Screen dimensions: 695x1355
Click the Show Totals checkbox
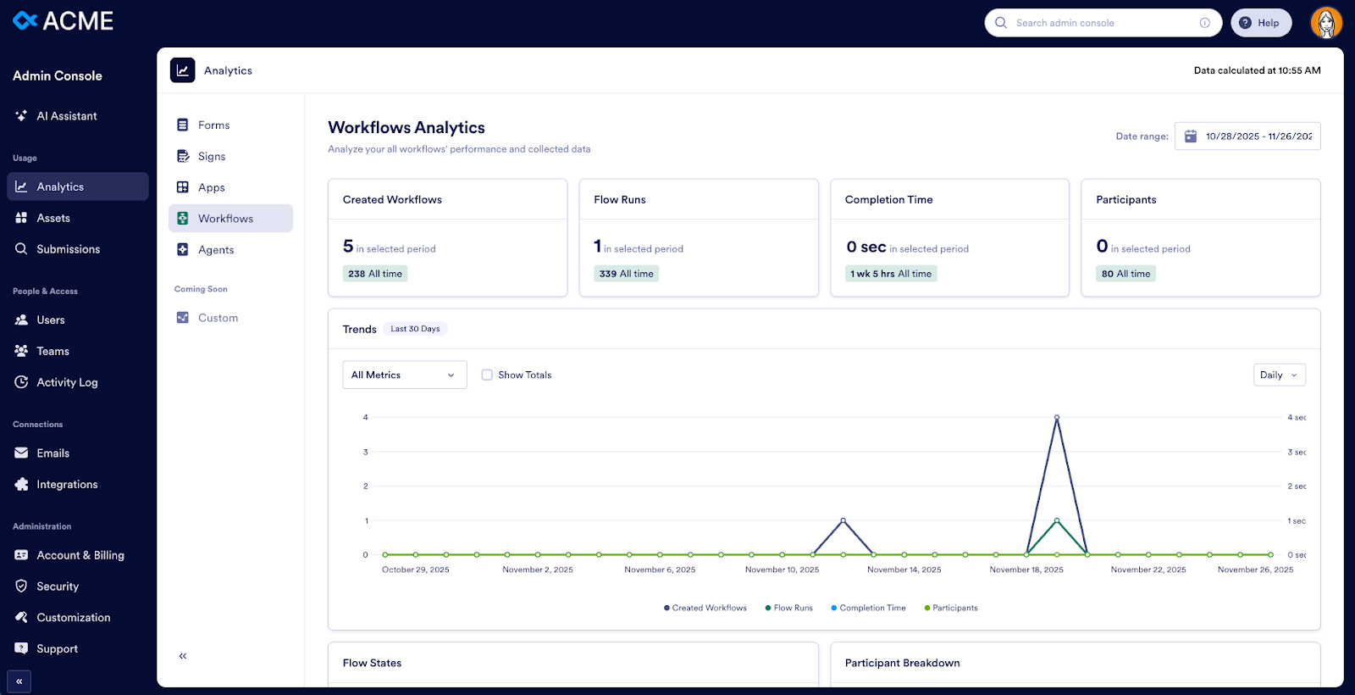tap(487, 375)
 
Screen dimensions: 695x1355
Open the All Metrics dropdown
tap(404, 375)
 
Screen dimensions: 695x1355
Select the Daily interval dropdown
tap(1279, 375)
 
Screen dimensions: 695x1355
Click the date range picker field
tap(1247, 136)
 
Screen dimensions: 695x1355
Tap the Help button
tap(1260, 23)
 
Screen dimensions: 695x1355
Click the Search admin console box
tap(1101, 23)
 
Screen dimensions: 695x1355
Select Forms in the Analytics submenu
tap(213, 125)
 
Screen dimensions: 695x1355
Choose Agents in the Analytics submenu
tap(216, 250)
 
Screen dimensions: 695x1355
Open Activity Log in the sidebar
tap(67, 382)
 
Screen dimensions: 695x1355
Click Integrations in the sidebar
tap(67, 485)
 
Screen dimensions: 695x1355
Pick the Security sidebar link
tap(58, 587)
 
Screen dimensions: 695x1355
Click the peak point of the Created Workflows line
tap(1057, 418)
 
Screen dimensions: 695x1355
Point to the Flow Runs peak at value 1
tap(1057, 520)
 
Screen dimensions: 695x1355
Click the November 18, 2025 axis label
tap(1026, 570)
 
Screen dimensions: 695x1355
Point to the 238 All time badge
tap(375, 274)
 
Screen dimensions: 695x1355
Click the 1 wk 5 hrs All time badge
tap(891, 274)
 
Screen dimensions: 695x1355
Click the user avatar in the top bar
tap(1325, 23)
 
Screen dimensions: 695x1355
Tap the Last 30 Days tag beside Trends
tap(415, 329)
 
